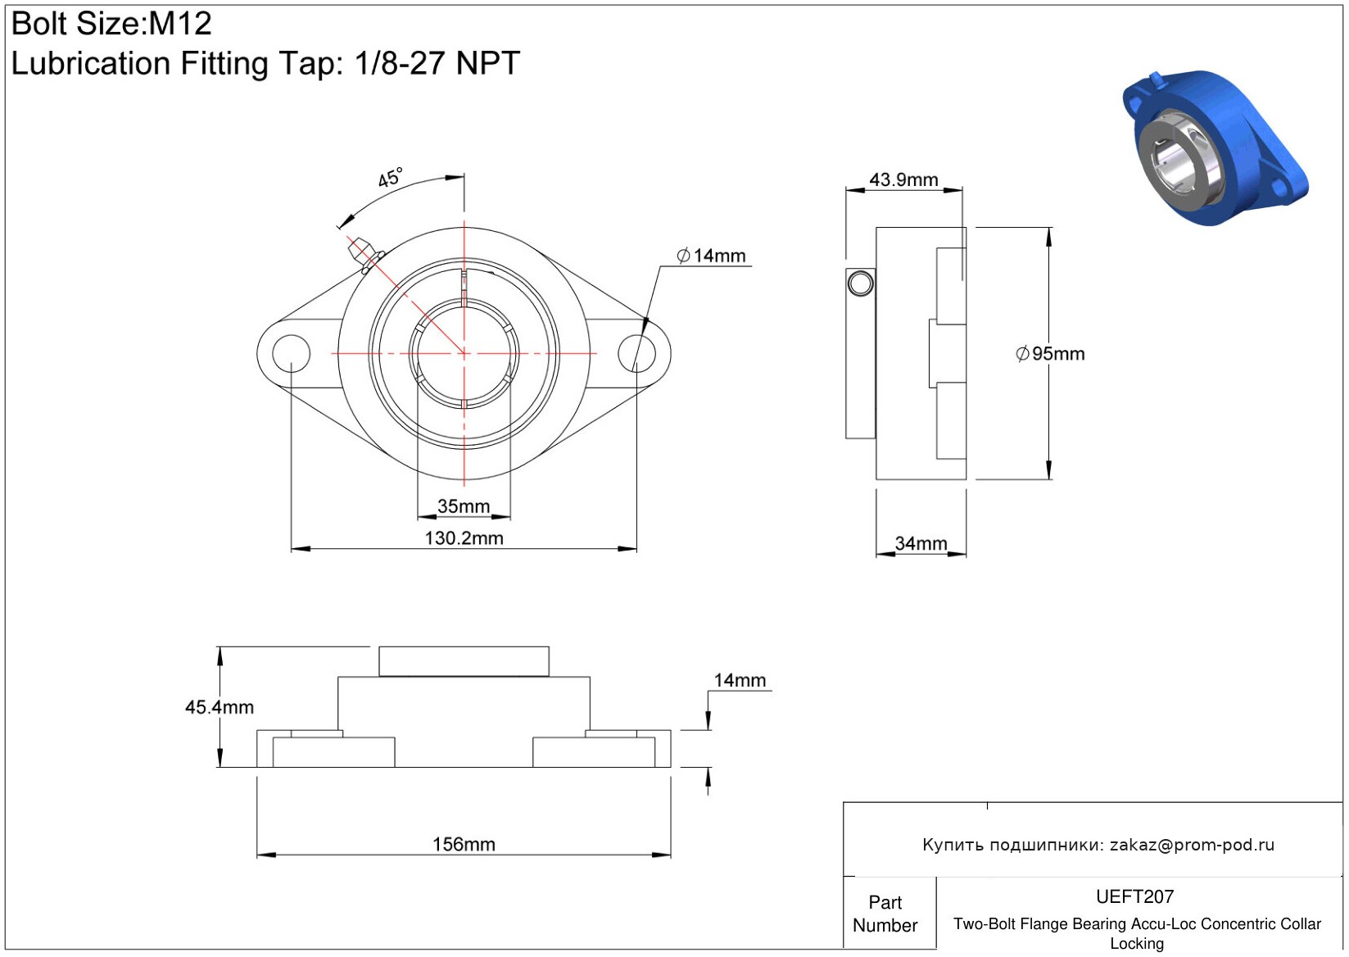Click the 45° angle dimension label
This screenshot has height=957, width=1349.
(390, 178)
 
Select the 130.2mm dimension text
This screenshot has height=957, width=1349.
(464, 537)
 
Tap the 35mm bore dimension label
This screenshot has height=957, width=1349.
(463, 506)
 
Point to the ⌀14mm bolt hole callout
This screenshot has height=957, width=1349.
(711, 256)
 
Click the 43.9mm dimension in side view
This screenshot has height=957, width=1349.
(903, 179)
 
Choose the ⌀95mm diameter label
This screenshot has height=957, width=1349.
(1050, 353)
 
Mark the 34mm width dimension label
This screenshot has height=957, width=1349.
(921, 543)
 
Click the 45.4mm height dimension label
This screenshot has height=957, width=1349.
(220, 707)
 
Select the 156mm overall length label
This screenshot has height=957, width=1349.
(464, 845)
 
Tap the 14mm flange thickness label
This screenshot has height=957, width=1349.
(740, 681)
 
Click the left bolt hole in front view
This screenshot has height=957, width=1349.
(292, 353)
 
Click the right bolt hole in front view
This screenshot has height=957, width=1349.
(636, 353)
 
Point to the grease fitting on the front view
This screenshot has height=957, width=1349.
(365, 254)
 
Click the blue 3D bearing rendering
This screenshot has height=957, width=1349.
(1214, 148)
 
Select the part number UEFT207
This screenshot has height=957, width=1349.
(1134, 896)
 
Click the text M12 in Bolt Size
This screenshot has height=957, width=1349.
(180, 24)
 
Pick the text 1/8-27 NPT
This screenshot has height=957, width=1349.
(437, 62)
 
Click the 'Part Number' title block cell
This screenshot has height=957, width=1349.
(885, 913)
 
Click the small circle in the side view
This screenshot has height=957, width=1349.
(860, 283)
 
